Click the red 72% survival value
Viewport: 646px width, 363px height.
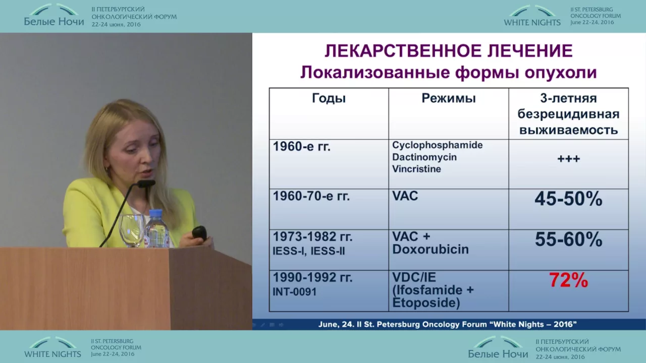pos(568,280)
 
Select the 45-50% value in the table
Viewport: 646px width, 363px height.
pos(568,199)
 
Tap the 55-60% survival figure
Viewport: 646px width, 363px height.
pos(568,239)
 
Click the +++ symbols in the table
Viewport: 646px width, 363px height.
pos(568,159)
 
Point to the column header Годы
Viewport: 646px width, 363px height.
pos(329,98)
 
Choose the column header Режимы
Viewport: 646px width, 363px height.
pos(449,98)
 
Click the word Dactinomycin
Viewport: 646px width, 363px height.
pos(424,157)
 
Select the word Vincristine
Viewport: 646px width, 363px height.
pos(417,169)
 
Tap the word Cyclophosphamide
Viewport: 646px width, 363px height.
pos(437,145)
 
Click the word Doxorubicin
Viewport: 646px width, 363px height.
pos(430,250)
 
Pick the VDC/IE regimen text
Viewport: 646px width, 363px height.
pos(414,277)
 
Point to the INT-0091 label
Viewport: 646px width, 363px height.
pos(294,292)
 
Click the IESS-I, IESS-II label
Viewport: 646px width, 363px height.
pos(308,251)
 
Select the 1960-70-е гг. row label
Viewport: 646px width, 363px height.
pos(311,197)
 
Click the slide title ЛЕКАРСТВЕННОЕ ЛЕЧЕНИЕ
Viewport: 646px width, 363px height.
pos(449,51)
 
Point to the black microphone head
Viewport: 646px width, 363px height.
pos(146,184)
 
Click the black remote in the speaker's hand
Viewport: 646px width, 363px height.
pos(199,233)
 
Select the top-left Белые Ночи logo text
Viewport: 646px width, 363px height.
pos(54,22)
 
